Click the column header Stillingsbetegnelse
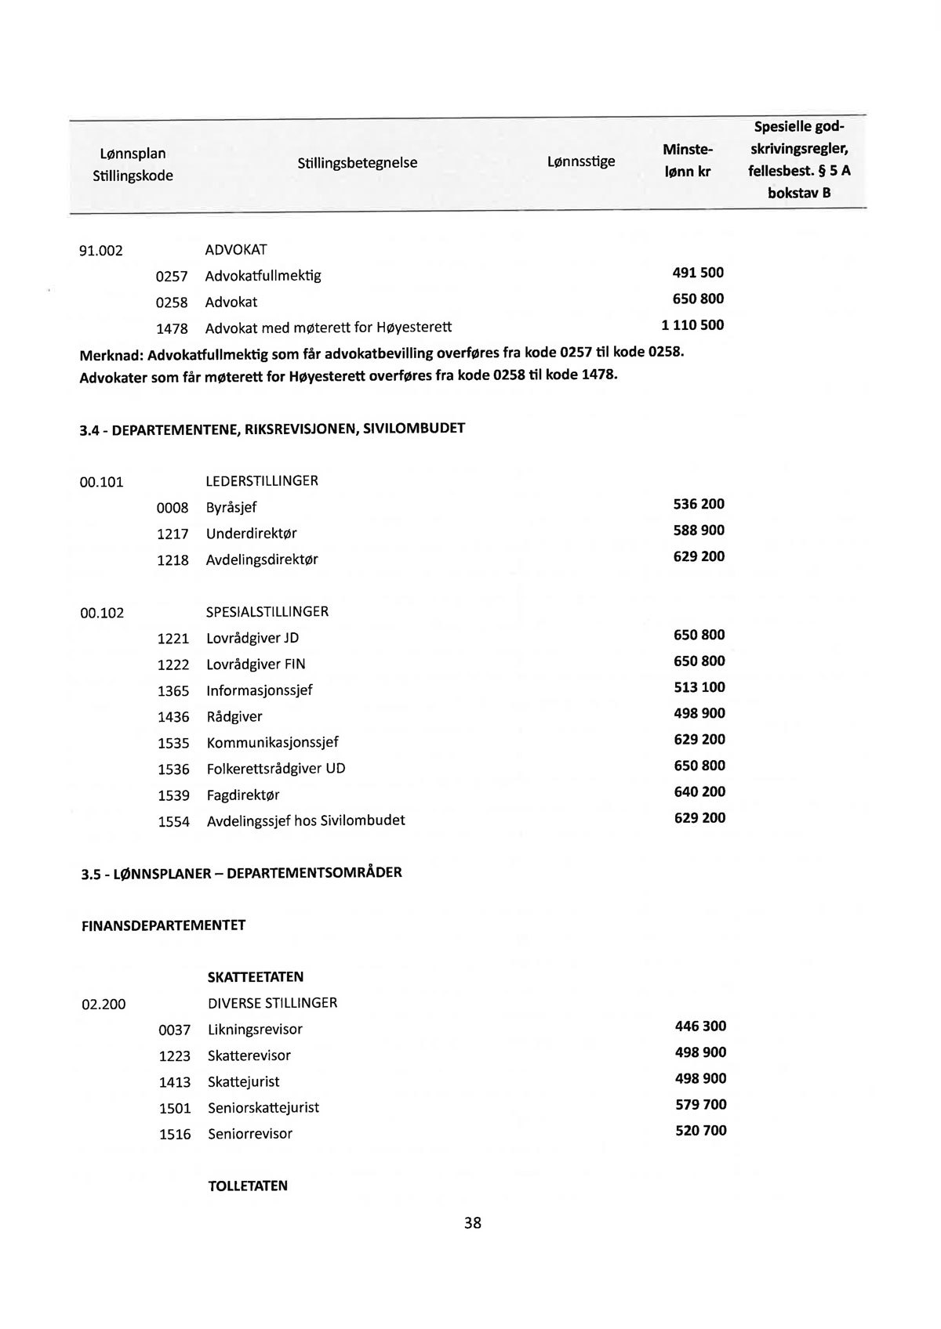[x=357, y=163]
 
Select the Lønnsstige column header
[x=580, y=161]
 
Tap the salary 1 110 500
[x=692, y=325]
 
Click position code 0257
[x=172, y=277]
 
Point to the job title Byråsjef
[x=231, y=508]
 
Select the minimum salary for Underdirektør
[x=699, y=531]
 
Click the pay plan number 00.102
[x=102, y=613]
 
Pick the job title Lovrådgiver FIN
[x=256, y=664]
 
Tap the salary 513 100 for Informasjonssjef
[x=699, y=687]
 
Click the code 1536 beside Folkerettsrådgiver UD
[x=173, y=770]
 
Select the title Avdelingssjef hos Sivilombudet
[x=306, y=820]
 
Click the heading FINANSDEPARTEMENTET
[x=163, y=925]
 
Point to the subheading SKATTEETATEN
[x=256, y=977]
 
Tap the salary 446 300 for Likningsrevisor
[x=700, y=1027]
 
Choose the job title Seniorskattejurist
[x=263, y=1108]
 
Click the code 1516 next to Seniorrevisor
[x=175, y=1135]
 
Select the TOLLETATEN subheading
[x=248, y=1186]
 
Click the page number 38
[x=472, y=1222]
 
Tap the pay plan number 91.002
[x=101, y=252]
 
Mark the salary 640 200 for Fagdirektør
[x=699, y=792]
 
